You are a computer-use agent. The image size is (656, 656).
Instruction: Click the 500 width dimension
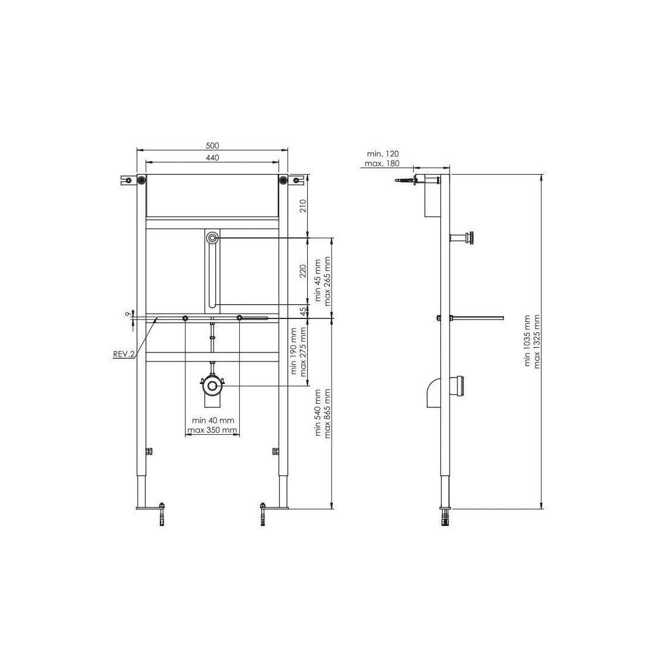click(212, 146)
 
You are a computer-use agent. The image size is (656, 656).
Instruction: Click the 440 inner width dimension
click(212, 157)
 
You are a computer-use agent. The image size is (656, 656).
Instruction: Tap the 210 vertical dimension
click(303, 206)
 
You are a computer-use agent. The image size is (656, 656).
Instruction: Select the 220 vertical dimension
click(303, 271)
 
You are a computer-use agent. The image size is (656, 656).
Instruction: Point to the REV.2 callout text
click(124, 354)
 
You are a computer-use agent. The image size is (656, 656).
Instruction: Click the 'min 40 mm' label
click(213, 420)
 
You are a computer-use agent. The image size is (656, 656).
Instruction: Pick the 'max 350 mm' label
click(212, 430)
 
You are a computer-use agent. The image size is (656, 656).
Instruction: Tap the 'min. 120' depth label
click(383, 154)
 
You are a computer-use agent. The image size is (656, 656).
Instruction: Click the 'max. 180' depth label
click(382, 163)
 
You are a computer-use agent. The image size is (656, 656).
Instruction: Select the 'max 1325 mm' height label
click(537, 341)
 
